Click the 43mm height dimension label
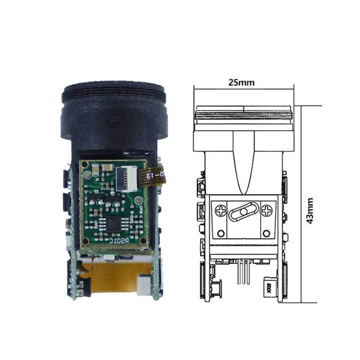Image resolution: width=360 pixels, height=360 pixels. [310, 210]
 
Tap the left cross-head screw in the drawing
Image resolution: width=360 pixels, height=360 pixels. [220, 211]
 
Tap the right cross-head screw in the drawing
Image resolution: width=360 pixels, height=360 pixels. [267, 211]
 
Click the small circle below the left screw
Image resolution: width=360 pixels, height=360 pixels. [220, 233]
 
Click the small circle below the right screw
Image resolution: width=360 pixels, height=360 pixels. [267, 233]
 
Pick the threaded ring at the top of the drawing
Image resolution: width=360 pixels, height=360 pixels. [243, 115]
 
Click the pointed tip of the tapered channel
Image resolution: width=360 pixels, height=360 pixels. [243, 192]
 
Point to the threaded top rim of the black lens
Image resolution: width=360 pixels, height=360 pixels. [113, 90]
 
